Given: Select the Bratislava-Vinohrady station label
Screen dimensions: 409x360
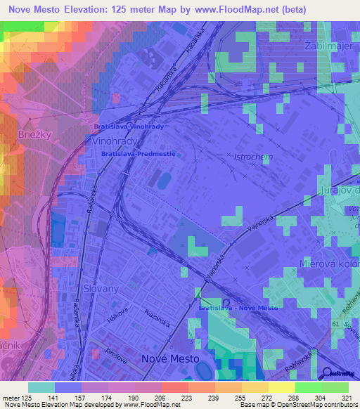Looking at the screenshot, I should click(x=129, y=126).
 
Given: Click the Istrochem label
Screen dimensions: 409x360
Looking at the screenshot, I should click(x=253, y=157).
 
